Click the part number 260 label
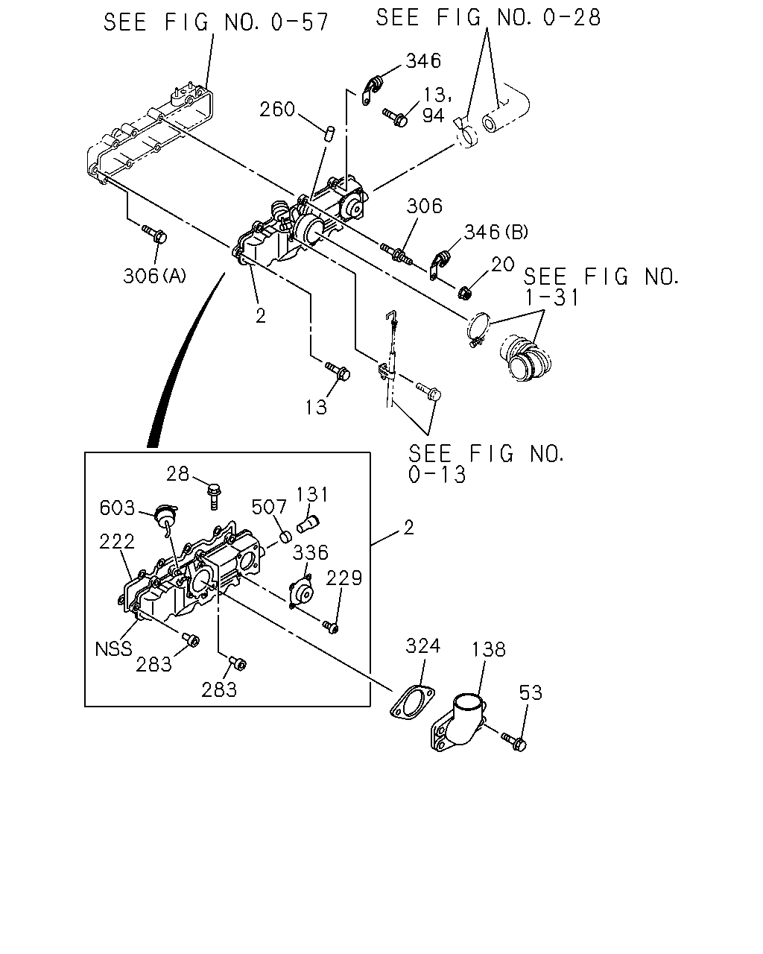[x=276, y=110]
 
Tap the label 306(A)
[x=154, y=277]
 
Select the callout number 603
[x=117, y=508]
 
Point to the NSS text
[x=113, y=649]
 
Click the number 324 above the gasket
[x=422, y=646]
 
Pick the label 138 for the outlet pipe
[x=488, y=649]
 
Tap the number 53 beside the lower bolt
[x=531, y=693]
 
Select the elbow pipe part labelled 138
[x=458, y=722]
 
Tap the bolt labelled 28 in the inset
[x=214, y=496]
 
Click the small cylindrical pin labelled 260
[x=329, y=133]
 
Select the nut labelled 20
[x=463, y=293]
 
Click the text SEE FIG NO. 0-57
[x=216, y=22]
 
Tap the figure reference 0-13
[x=437, y=475]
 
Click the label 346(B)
[x=496, y=232]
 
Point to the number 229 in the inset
[x=344, y=578]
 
